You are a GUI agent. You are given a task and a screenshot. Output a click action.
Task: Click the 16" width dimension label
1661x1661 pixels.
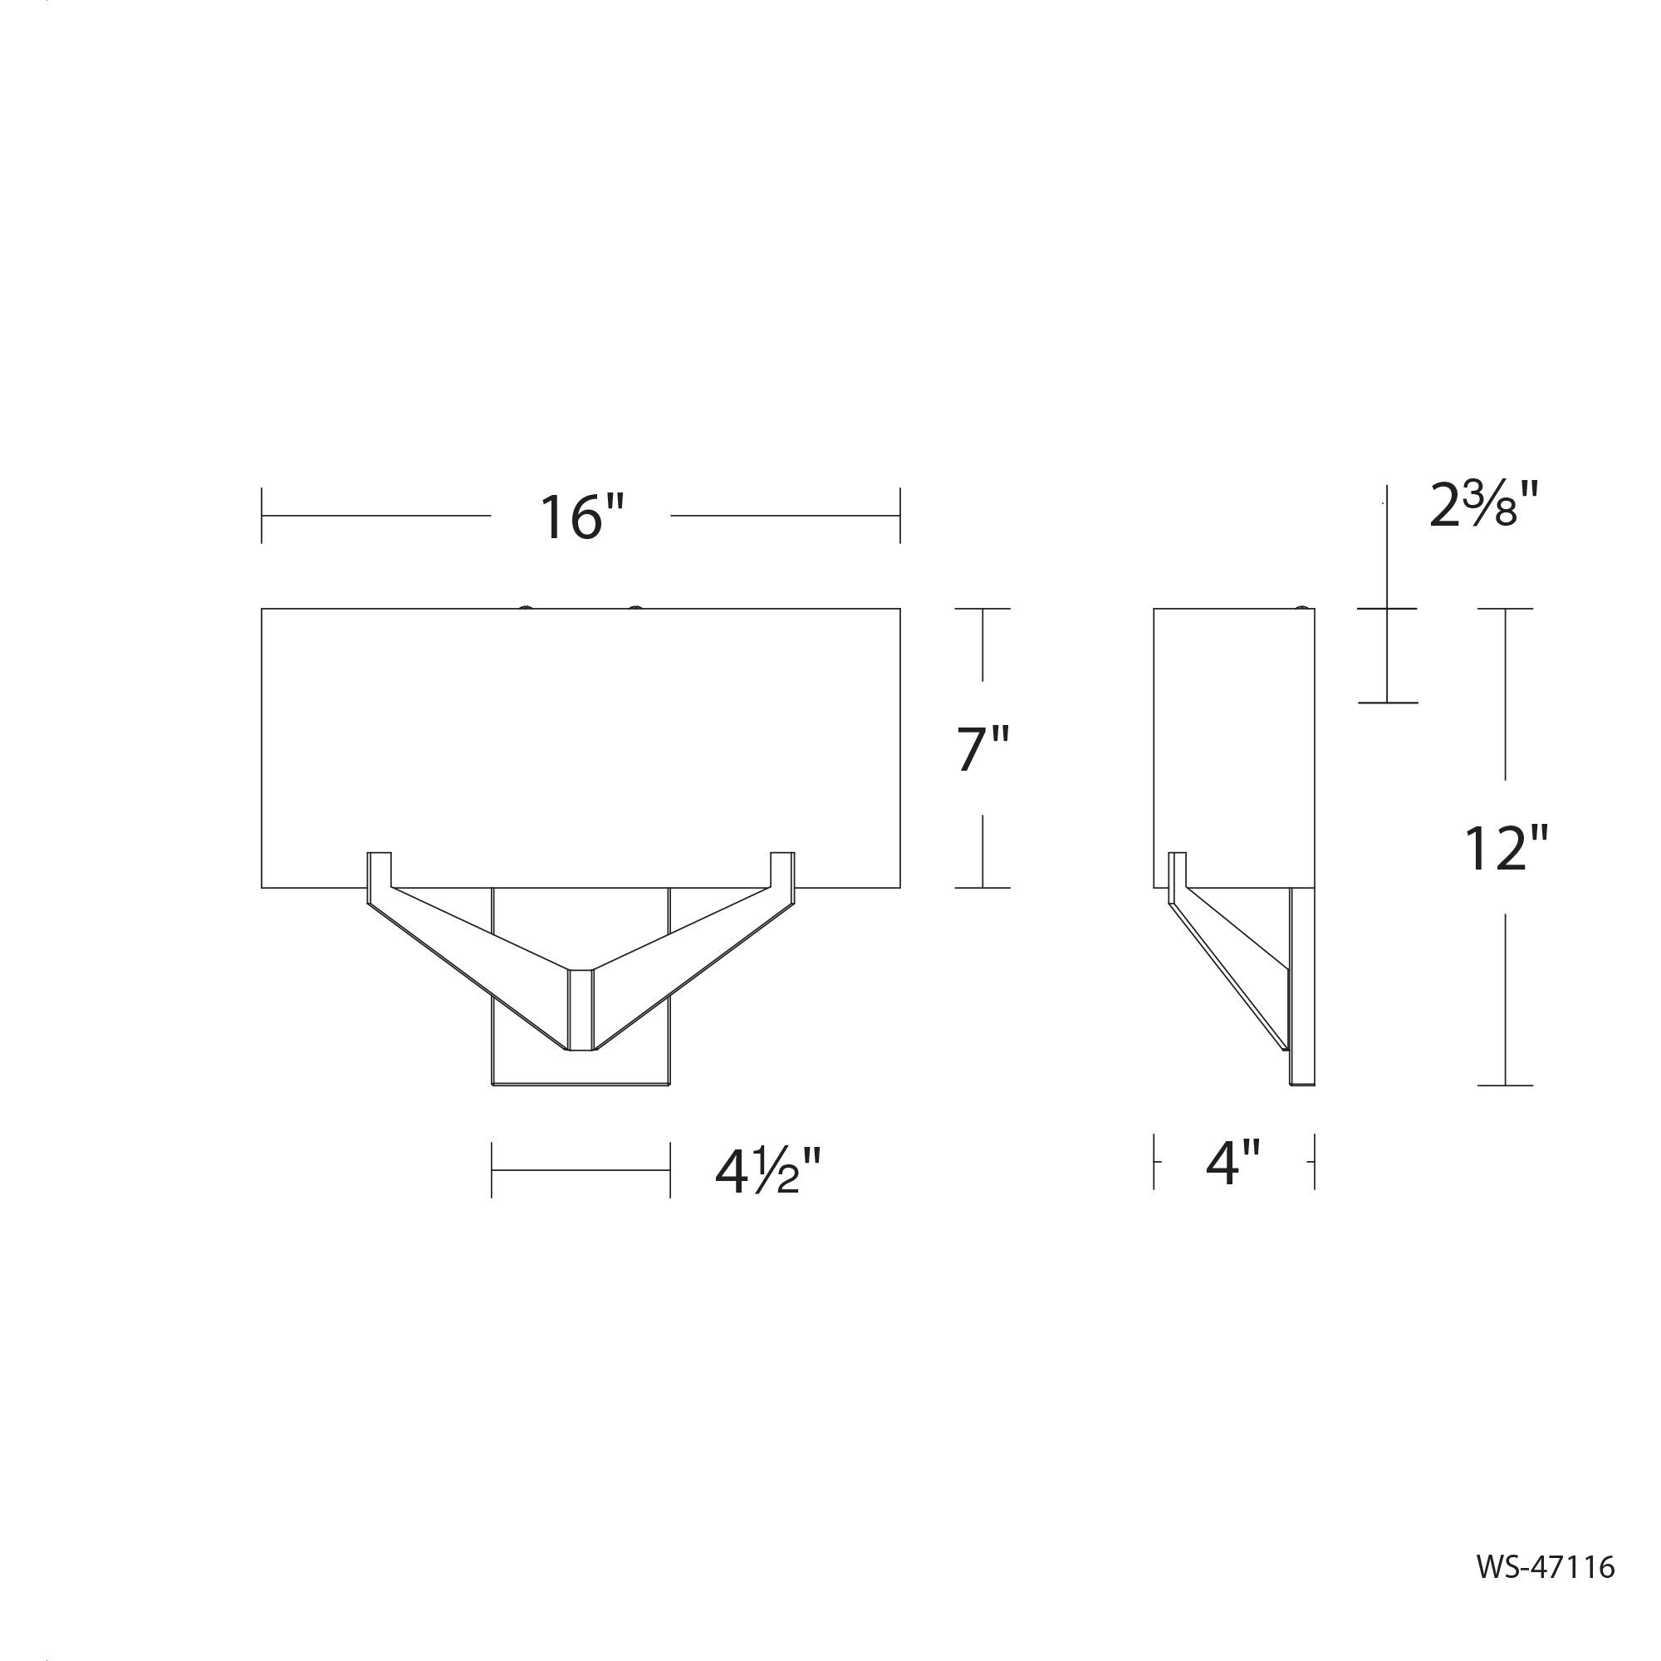pos(581,517)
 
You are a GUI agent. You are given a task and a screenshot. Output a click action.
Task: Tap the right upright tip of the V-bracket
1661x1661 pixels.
pos(782,857)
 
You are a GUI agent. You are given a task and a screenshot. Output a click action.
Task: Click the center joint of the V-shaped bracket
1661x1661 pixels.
pos(581,1011)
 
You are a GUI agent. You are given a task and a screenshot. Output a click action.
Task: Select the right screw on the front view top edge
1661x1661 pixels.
pos(635,607)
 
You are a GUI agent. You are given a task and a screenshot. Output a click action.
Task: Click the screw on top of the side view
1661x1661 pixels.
pos(1305,607)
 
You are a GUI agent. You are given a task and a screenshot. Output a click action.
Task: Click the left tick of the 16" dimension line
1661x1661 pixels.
pos(262,516)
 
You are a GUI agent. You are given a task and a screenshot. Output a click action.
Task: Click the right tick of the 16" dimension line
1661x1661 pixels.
pos(900,516)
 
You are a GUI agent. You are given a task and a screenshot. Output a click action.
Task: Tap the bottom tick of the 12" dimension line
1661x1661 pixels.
pos(1506,1085)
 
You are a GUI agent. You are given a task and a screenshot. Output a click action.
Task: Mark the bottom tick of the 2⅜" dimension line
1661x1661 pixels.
pos(1388,703)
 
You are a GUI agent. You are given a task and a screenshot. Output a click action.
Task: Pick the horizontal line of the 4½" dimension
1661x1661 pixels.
pos(581,1170)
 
